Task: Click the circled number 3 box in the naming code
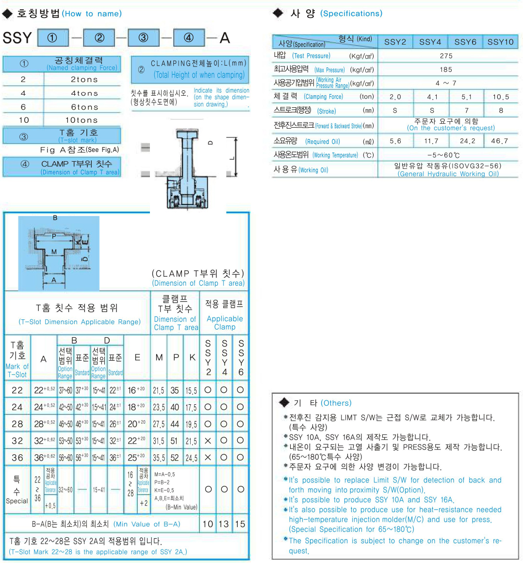click(144, 38)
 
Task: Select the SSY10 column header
click(500, 42)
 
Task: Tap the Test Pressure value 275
click(446, 56)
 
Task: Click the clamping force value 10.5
click(500, 97)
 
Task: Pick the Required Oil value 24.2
click(467, 141)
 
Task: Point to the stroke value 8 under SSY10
click(501, 110)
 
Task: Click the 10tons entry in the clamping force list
click(82, 120)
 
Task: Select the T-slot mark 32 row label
click(17, 441)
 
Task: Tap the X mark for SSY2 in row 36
click(208, 457)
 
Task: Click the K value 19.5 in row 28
click(191, 424)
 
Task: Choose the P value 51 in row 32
click(175, 441)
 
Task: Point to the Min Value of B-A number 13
click(224, 524)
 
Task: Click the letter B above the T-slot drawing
click(55, 218)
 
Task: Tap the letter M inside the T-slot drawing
click(54, 252)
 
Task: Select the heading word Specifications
click(351, 14)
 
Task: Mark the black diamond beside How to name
click(7, 14)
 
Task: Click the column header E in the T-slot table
click(137, 358)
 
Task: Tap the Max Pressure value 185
click(446, 69)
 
